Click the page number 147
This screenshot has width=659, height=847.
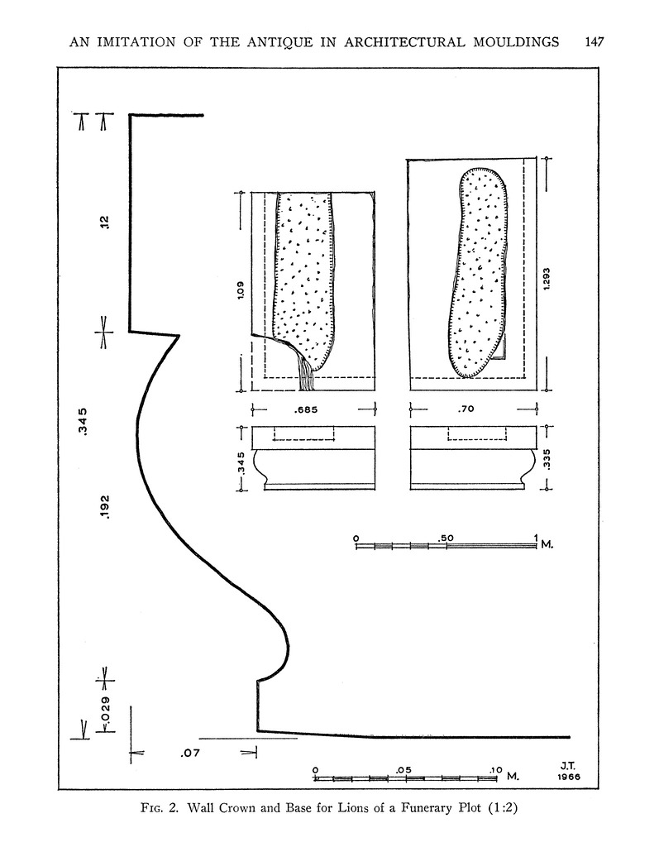pyautogui.click(x=595, y=41)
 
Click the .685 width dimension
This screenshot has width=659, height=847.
pyautogui.click(x=307, y=409)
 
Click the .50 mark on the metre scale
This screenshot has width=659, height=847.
pyautogui.click(x=447, y=538)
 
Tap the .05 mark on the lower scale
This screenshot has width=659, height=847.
pyautogui.click(x=404, y=769)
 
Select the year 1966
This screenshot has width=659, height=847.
pyautogui.click(x=569, y=778)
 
